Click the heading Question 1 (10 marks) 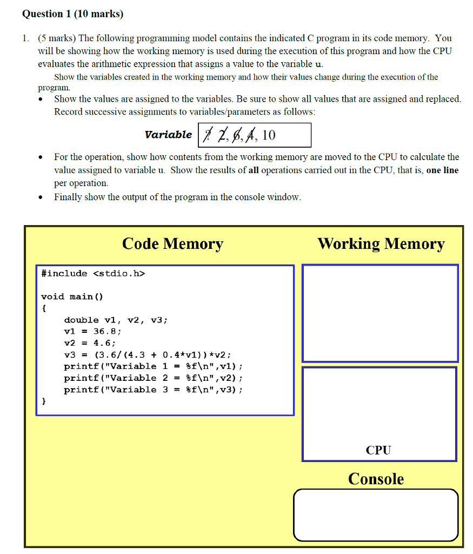72,14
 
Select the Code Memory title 172,244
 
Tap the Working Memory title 381,244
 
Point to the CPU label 378,450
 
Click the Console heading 376,479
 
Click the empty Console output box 376,515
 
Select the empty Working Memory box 380,313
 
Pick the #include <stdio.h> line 93,273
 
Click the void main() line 72,296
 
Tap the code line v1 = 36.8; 92,331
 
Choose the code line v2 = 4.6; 90,343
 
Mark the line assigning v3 148,355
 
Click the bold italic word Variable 168,135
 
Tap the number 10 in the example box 269,135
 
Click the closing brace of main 44,401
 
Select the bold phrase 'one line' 442,170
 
